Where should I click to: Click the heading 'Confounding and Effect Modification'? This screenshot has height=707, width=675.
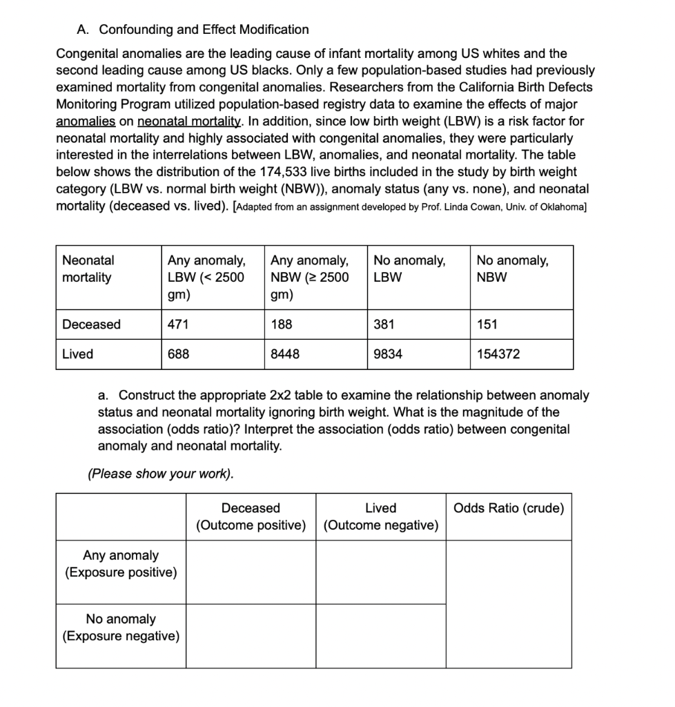(204, 30)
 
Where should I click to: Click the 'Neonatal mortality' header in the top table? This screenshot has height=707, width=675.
(88, 269)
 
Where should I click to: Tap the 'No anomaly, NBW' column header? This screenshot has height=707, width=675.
(512, 269)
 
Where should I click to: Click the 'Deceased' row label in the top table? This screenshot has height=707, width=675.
(91, 325)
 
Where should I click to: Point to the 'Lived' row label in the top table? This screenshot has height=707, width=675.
(77, 354)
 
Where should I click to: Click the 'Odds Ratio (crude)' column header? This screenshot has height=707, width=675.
(509, 509)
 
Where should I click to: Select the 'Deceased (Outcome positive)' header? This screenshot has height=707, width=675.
(251, 517)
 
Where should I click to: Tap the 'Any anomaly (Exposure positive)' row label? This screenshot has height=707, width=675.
(121, 564)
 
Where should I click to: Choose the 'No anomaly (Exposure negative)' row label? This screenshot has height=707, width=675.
(121, 628)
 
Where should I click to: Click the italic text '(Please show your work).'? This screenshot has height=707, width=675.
(161, 474)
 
